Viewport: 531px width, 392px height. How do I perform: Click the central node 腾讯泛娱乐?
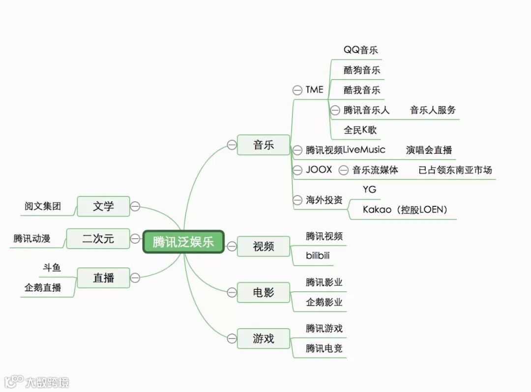pyautogui.click(x=183, y=242)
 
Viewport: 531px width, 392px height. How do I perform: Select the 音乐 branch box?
pyautogui.click(x=264, y=145)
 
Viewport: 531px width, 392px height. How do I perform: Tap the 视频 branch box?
pyautogui.click(x=264, y=246)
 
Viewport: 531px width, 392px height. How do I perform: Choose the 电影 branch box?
pyautogui.click(x=264, y=293)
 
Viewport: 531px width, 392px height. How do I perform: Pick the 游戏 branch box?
pyautogui.click(x=264, y=338)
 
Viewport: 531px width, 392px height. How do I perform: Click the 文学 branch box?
pyautogui.click(x=103, y=206)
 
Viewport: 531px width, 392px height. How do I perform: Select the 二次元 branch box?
pyautogui.click(x=98, y=239)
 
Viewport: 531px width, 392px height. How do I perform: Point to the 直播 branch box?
pyautogui.click(x=103, y=278)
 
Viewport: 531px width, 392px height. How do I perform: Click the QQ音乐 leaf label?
pyautogui.click(x=361, y=50)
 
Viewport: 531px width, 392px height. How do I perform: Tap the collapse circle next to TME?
pyautogui.click(x=297, y=90)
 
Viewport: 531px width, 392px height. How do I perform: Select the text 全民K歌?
pyautogui.click(x=360, y=130)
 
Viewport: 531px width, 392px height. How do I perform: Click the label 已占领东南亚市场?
pyautogui.click(x=455, y=170)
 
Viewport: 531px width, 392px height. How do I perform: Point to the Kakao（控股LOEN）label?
pyautogui.click(x=405, y=210)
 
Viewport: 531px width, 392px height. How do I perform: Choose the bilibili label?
pyautogui.click(x=318, y=256)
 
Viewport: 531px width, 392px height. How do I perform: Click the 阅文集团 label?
pyautogui.click(x=43, y=206)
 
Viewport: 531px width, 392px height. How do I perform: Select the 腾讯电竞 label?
pyautogui.click(x=324, y=348)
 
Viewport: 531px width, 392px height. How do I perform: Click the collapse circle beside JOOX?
pyautogui.click(x=297, y=170)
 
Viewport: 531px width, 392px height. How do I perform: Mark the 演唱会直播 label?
pyautogui.click(x=429, y=150)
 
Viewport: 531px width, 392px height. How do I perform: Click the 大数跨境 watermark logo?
pyautogui.click(x=37, y=382)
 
